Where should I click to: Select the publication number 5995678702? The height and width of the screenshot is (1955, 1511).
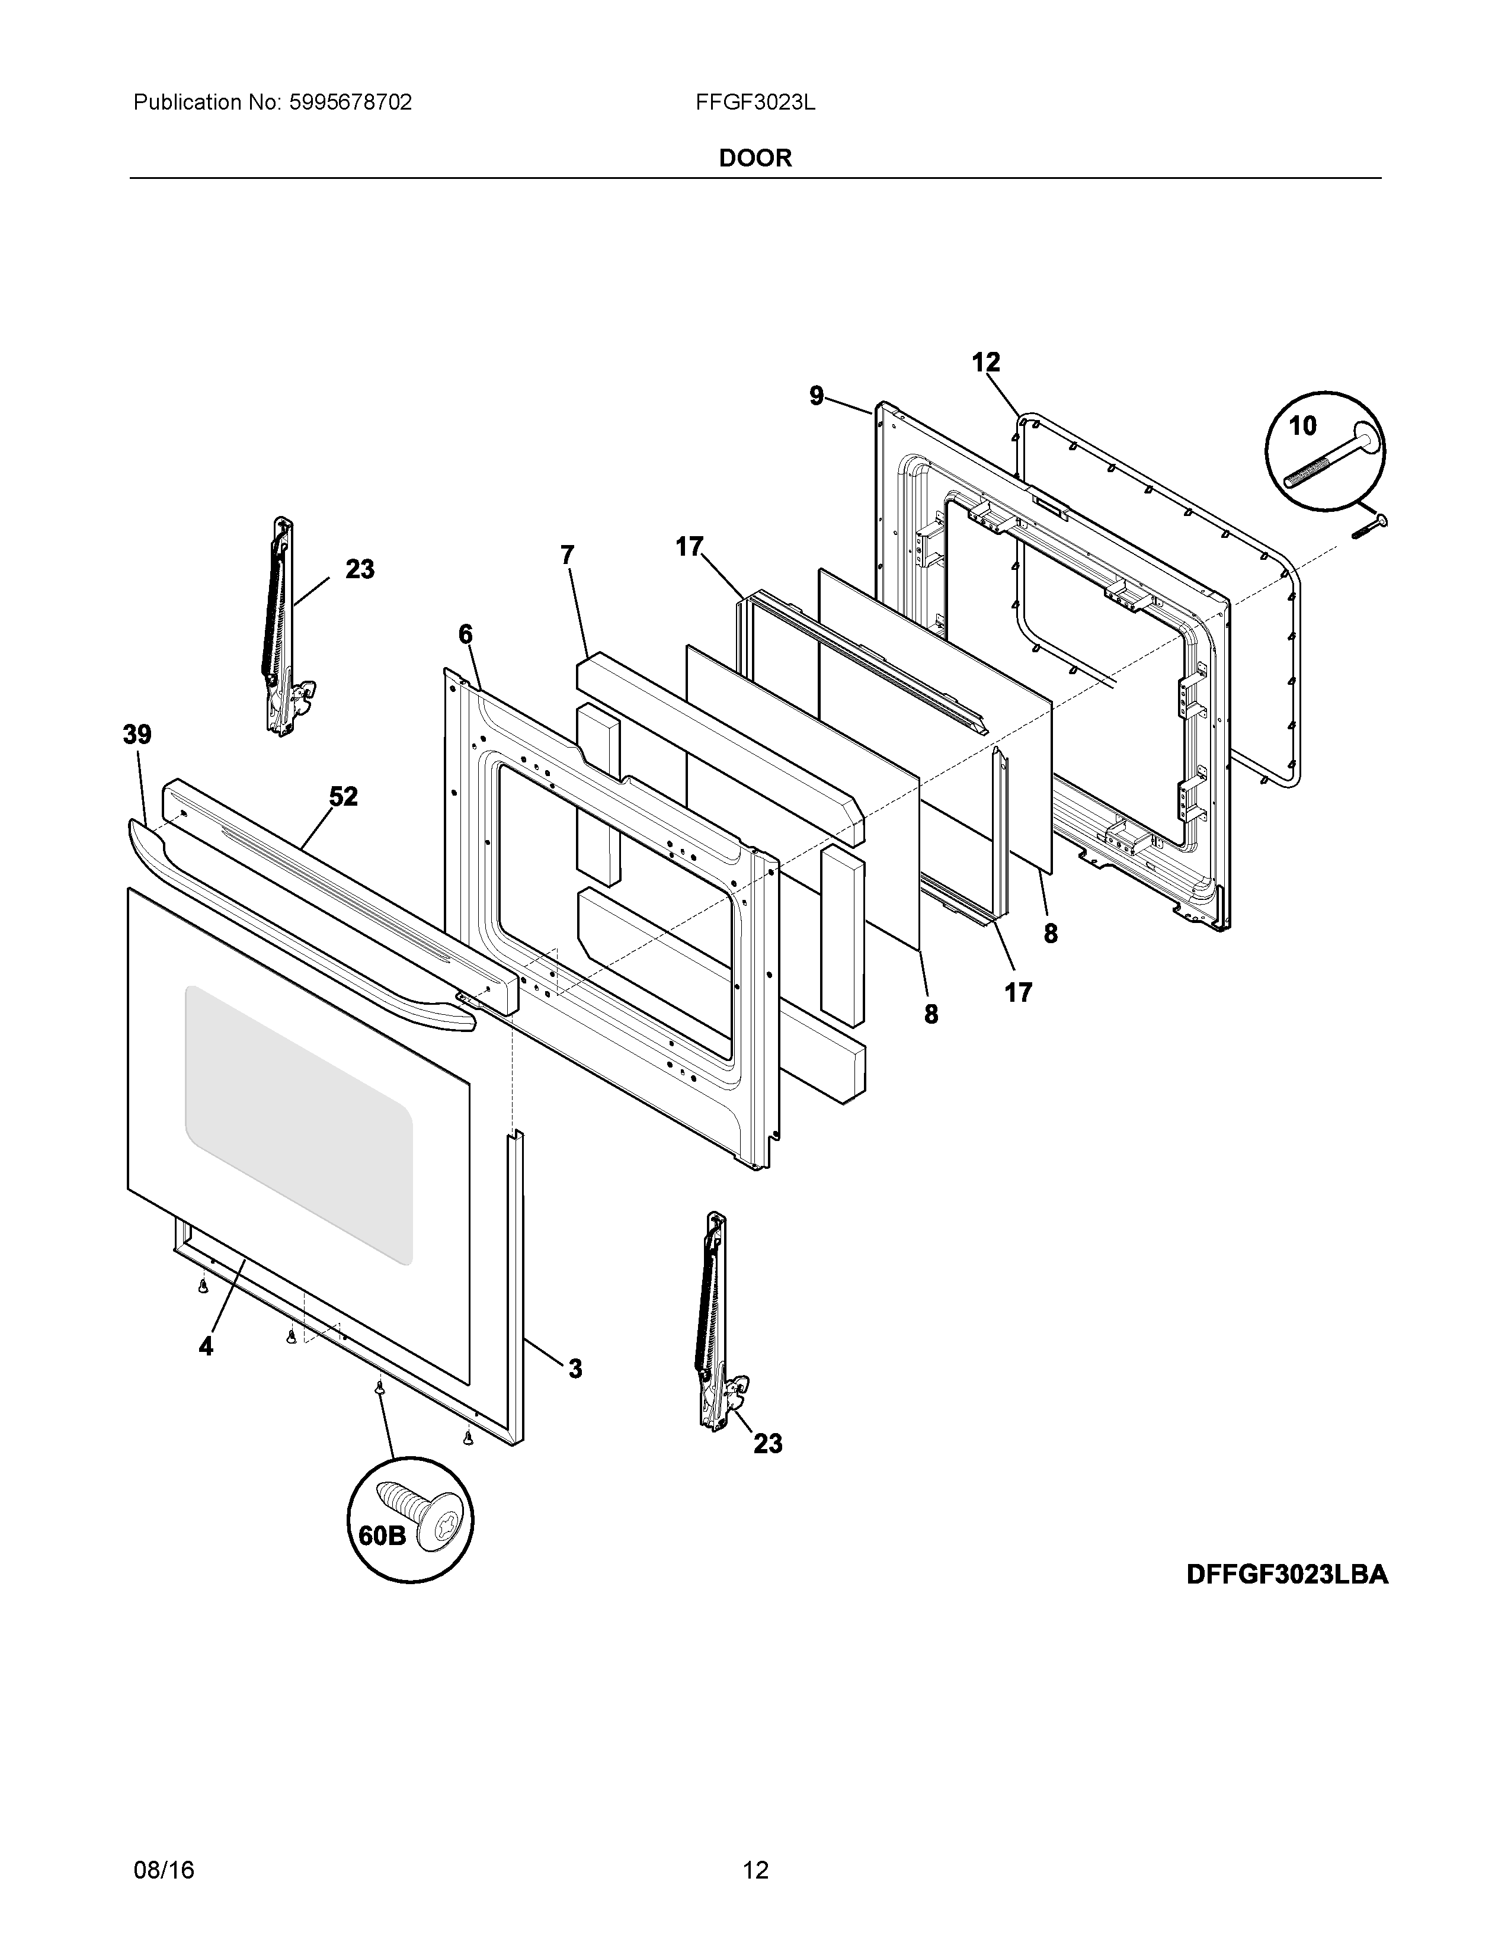[350, 103]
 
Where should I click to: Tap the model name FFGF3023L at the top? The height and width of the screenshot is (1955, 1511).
[754, 103]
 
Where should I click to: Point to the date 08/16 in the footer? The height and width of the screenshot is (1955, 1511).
[164, 1866]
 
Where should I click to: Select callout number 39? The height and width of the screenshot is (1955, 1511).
[137, 735]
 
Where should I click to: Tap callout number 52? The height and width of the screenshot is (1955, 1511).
[343, 796]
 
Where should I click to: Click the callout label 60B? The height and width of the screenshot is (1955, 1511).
[382, 1535]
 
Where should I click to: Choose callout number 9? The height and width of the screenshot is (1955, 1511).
[817, 396]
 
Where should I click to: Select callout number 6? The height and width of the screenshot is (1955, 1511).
[466, 634]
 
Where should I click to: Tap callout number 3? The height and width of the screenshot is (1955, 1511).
[575, 1368]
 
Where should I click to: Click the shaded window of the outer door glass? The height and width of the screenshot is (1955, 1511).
[298, 1123]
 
